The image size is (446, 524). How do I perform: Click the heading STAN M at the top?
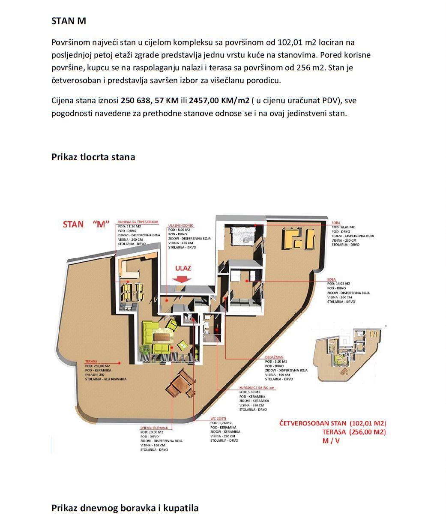tap(69, 21)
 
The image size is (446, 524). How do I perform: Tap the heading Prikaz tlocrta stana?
tap(93, 157)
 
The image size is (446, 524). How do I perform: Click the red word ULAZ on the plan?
tap(183, 269)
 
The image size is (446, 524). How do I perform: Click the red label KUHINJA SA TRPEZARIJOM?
tap(138, 222)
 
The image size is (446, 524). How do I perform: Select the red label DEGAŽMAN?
tap(274, 357)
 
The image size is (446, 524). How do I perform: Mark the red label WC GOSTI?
tap(218, 418)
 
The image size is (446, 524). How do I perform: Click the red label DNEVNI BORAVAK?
tap(156, 428)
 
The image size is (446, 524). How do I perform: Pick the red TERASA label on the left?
tap(93, 362)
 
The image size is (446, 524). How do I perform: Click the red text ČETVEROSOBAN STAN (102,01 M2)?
tap(332, 422)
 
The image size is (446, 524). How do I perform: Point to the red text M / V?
tap(331, 441)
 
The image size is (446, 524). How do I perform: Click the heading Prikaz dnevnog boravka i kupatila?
tap(125, 508)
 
